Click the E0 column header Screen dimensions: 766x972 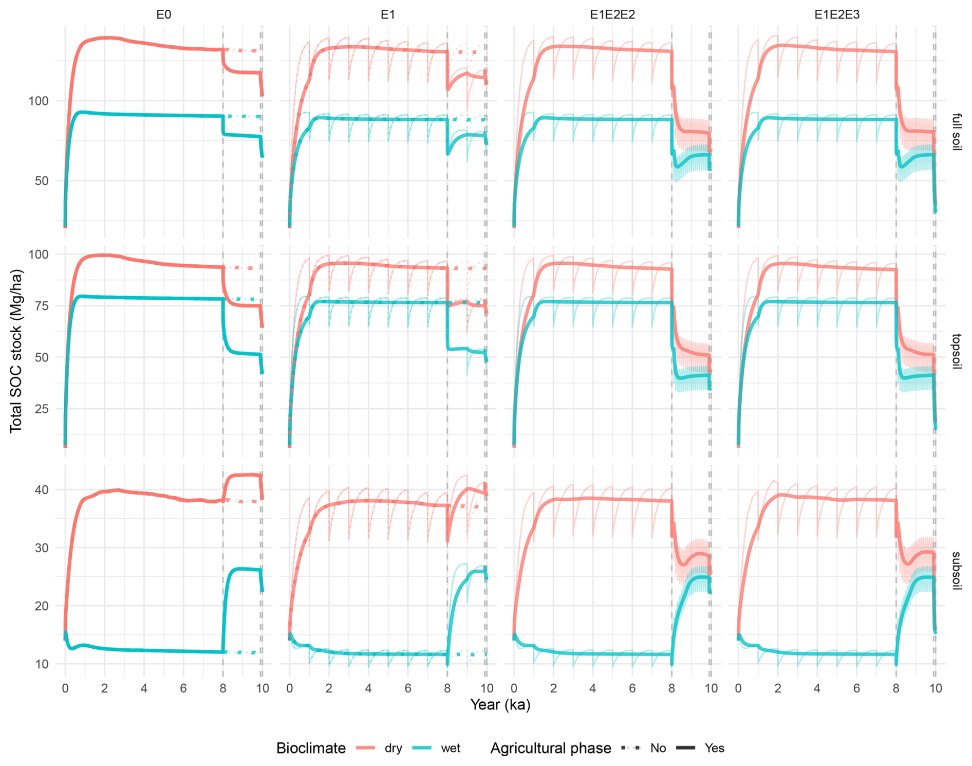point(163,15)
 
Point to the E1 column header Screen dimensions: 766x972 point(387,15)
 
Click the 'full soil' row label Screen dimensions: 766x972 point(956,132)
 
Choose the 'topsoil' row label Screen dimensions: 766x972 point(956,352)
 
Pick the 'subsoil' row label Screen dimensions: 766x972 point(956,571)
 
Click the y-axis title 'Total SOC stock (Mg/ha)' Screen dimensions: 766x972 point(16,351)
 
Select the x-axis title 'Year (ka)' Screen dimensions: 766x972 point(500,704)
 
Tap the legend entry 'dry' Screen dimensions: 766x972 point(393,748)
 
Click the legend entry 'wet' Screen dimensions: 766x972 point(451,748)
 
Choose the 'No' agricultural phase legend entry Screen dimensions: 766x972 point(658,748)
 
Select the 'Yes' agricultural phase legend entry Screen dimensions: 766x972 point(714,748)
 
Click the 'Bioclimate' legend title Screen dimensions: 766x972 point(311,748)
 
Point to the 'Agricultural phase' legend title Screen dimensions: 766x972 point(550,748)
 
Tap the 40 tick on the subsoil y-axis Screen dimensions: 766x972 point(41,490)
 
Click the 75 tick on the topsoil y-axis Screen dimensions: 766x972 point(41,306)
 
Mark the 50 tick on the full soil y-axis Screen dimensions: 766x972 point(41,181)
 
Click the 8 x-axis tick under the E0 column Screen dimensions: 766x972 point(223,688)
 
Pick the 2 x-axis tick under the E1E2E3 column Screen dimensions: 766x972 point(778,688)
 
